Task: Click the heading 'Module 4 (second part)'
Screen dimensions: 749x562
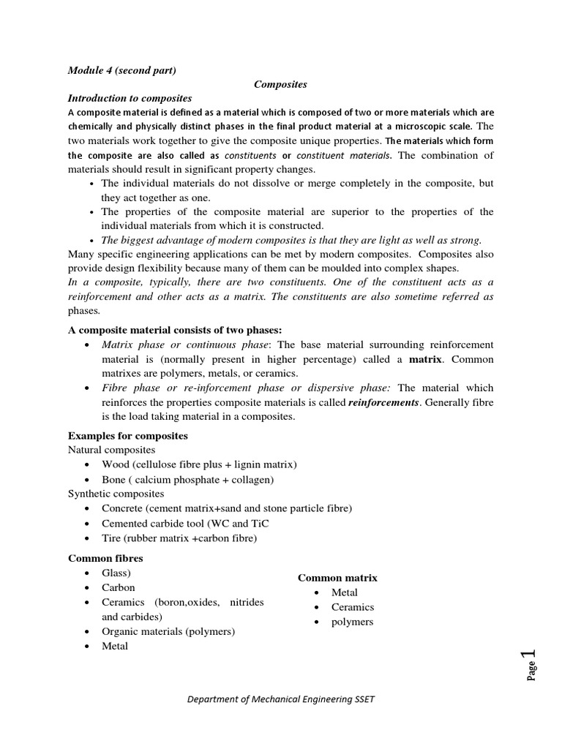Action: pos(121,70)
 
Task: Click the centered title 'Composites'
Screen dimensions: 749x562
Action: pos(280,84)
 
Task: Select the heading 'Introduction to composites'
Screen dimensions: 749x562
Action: pos(130,98)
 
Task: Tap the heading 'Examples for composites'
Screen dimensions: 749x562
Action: pos(128,436)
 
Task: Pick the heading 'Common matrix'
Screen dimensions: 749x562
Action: pos(337,578)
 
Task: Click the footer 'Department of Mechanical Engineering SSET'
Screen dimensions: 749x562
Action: pos(281,699)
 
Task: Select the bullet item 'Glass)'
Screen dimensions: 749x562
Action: pos(116,573)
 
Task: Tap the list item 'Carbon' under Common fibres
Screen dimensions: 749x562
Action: pos(118,587)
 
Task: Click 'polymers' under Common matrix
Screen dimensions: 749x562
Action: pos(352,622)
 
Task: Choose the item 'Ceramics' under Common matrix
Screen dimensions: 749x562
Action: pos(352,607)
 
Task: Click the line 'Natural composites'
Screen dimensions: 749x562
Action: pos(111,450)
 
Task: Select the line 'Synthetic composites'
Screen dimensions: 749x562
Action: pos(116,494)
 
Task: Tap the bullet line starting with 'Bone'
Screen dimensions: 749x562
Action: pos(187,480)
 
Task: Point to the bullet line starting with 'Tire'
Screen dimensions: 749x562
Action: pos(179,538)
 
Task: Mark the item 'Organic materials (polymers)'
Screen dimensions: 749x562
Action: pos(168,631)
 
